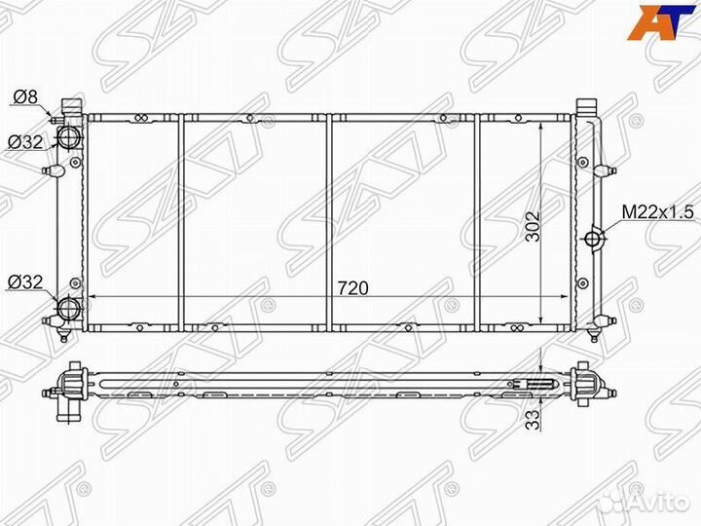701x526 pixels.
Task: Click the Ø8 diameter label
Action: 25,95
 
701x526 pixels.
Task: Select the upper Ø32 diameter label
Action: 25,142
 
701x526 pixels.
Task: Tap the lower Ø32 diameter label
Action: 25,282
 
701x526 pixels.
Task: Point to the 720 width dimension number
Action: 351,288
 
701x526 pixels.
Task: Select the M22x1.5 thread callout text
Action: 659,211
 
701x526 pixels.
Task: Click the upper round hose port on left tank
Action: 70,137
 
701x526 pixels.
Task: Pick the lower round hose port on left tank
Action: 70,310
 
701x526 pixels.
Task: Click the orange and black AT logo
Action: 653,22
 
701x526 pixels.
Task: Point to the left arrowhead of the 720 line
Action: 91,296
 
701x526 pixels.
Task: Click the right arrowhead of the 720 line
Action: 568,296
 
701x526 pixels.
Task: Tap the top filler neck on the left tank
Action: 68,103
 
